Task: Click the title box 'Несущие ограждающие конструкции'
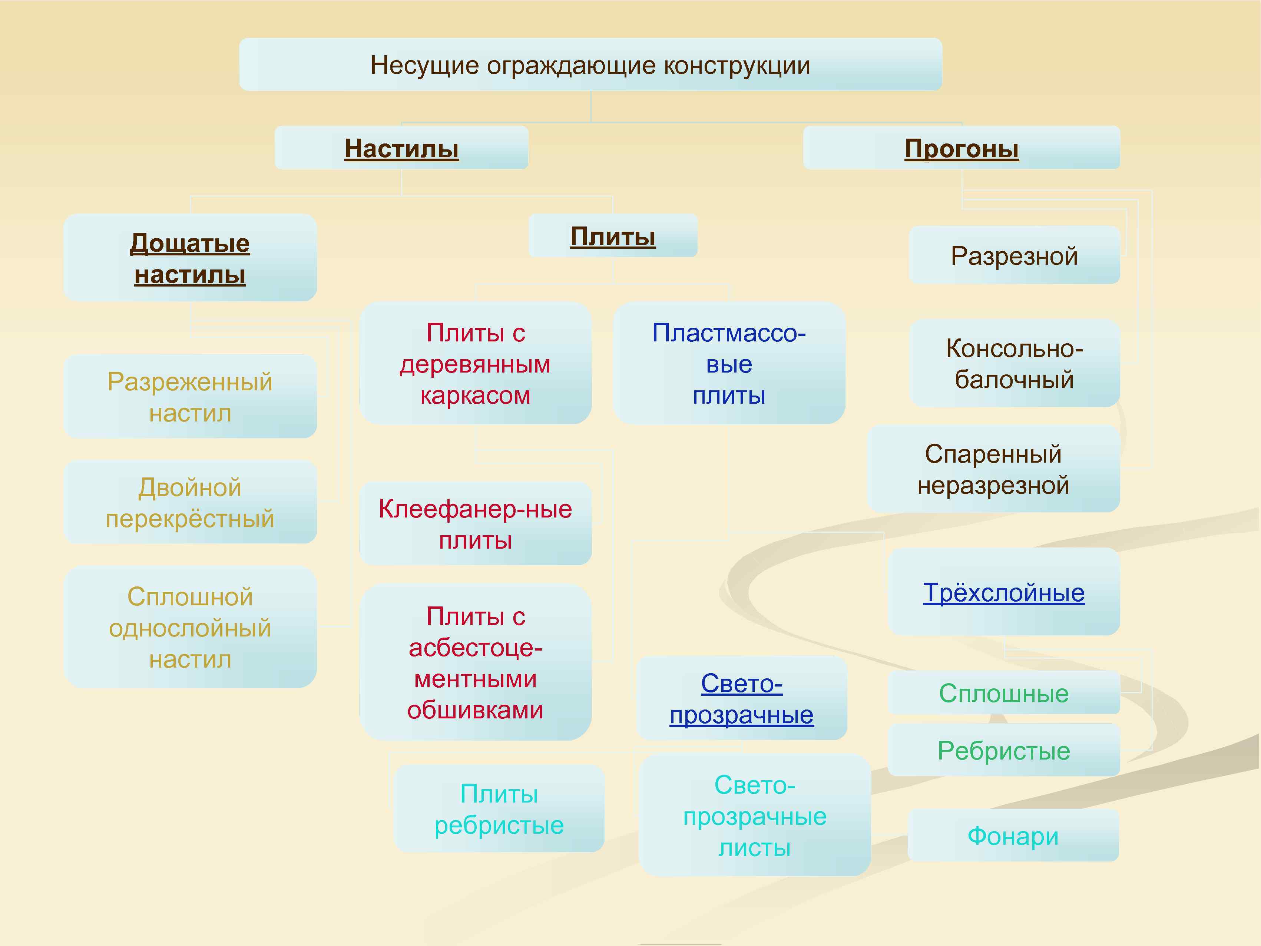pyautogui.click(x=590, y=65)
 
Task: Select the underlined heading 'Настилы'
pyautogui.click(x=401, y=148)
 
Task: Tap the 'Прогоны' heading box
pyautogui.click(x=961, y=148)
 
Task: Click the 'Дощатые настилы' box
pyautogui.click(x=190, y=258)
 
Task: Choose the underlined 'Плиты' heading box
pyautogui.click(x=613, y=236)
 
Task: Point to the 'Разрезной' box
pyautogui.click(x=1014, y=255)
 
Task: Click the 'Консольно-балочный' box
pyautogui.click(x=1014, y=363)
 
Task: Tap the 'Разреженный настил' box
pyautogui.click(x=190, y=397)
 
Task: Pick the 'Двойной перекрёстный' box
pyautogui.click(x=190, y=502)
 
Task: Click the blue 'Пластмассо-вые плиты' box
pyautogui.click(x=729, y=363)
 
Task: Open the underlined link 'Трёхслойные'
pyautogui.click(x=1003, y=592)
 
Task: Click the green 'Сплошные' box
pyautogui.click(x=1003, y=693)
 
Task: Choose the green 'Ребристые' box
pyautogui.click(x=1003, y=750)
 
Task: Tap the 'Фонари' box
pyautogui.click(x=1013, y=836)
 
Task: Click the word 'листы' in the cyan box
pyautogui.click(x=754, y=847)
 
